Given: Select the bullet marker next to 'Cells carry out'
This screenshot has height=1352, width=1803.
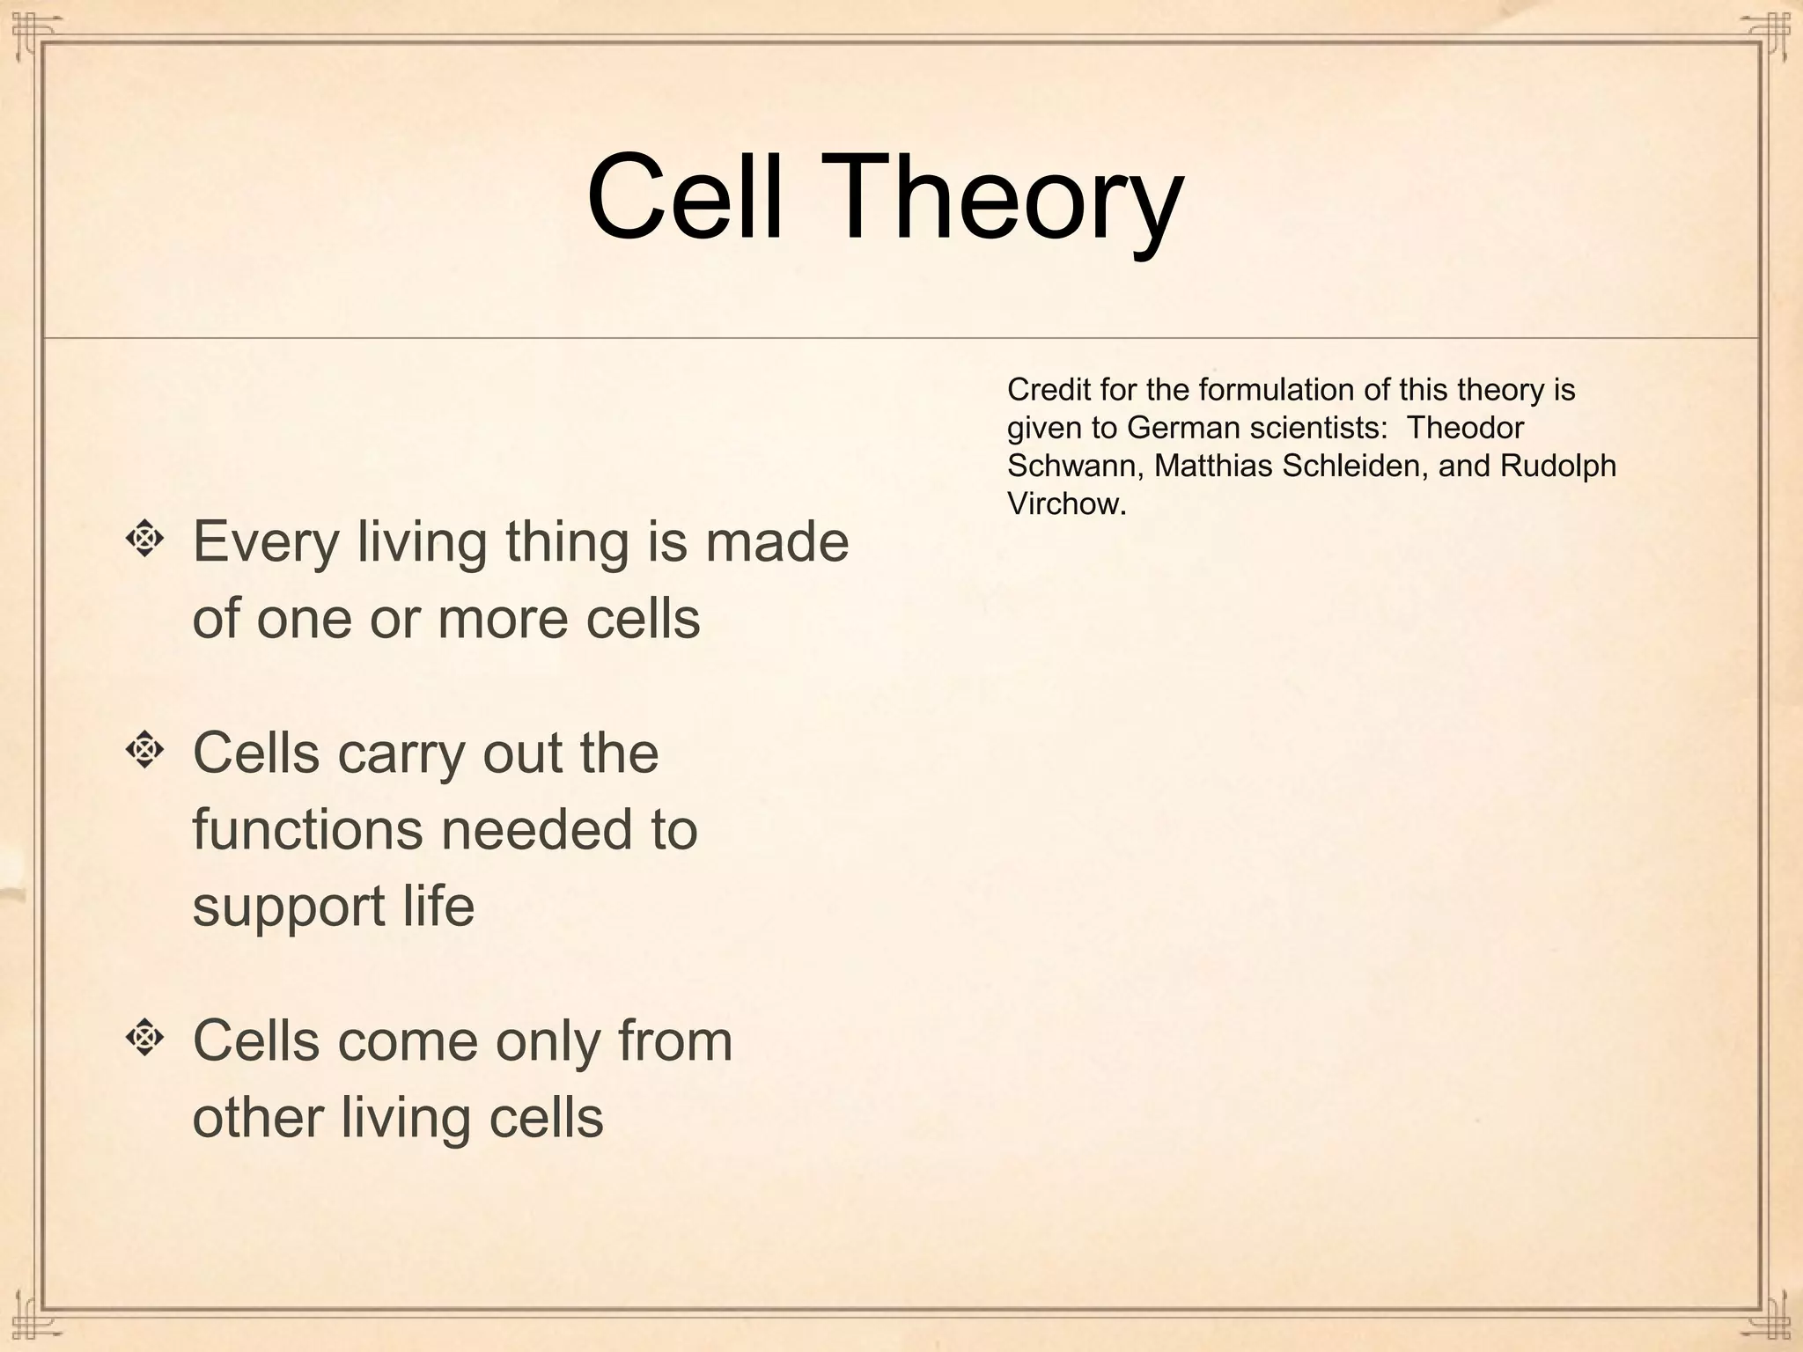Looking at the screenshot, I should pyautogui.click(x=144, y=750).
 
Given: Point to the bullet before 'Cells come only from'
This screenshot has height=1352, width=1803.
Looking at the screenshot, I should pyautogui.click(x=144, y=1039).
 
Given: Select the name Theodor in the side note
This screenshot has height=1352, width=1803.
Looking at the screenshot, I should pyautogui.click(x=1465, y=428).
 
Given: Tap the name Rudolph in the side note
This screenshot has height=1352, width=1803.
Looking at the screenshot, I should pyautogui.click(x=1558, y=466).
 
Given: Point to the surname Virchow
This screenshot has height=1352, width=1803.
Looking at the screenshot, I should pyautogui.click(x=1065, y=504).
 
